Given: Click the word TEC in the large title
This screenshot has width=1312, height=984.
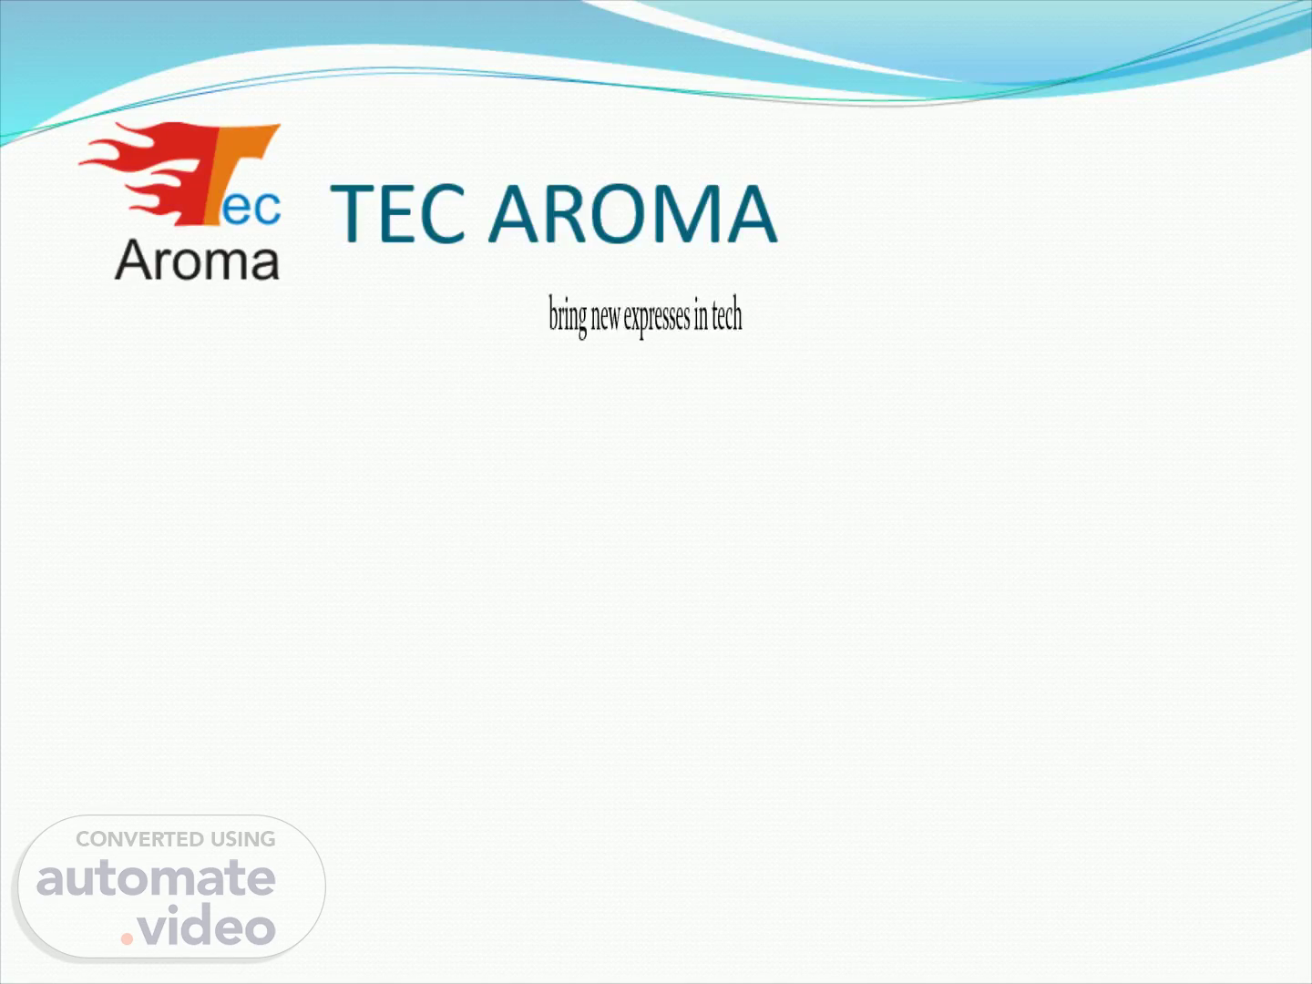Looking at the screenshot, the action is pos(398,213).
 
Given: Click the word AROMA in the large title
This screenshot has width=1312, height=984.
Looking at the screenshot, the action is pos(633,213).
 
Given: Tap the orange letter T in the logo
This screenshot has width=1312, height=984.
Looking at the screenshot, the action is pos(243,174).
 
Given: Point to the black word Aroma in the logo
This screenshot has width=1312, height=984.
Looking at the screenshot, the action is pos(197,260).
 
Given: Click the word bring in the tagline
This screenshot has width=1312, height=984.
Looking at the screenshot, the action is pos(568,317).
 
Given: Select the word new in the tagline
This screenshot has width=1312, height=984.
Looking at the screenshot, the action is pos(605,318).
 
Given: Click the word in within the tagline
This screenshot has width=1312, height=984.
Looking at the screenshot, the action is pos(701,315).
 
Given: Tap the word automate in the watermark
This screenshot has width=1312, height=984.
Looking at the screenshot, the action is pos(156,879).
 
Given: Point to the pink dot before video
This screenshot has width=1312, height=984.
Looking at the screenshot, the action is pos(127,938).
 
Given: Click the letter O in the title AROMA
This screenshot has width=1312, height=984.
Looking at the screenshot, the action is pos(621,213).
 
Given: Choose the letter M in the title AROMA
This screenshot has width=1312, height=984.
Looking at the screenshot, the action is pos(692,213).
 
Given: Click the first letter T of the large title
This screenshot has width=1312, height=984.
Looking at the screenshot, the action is pos(353,213).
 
